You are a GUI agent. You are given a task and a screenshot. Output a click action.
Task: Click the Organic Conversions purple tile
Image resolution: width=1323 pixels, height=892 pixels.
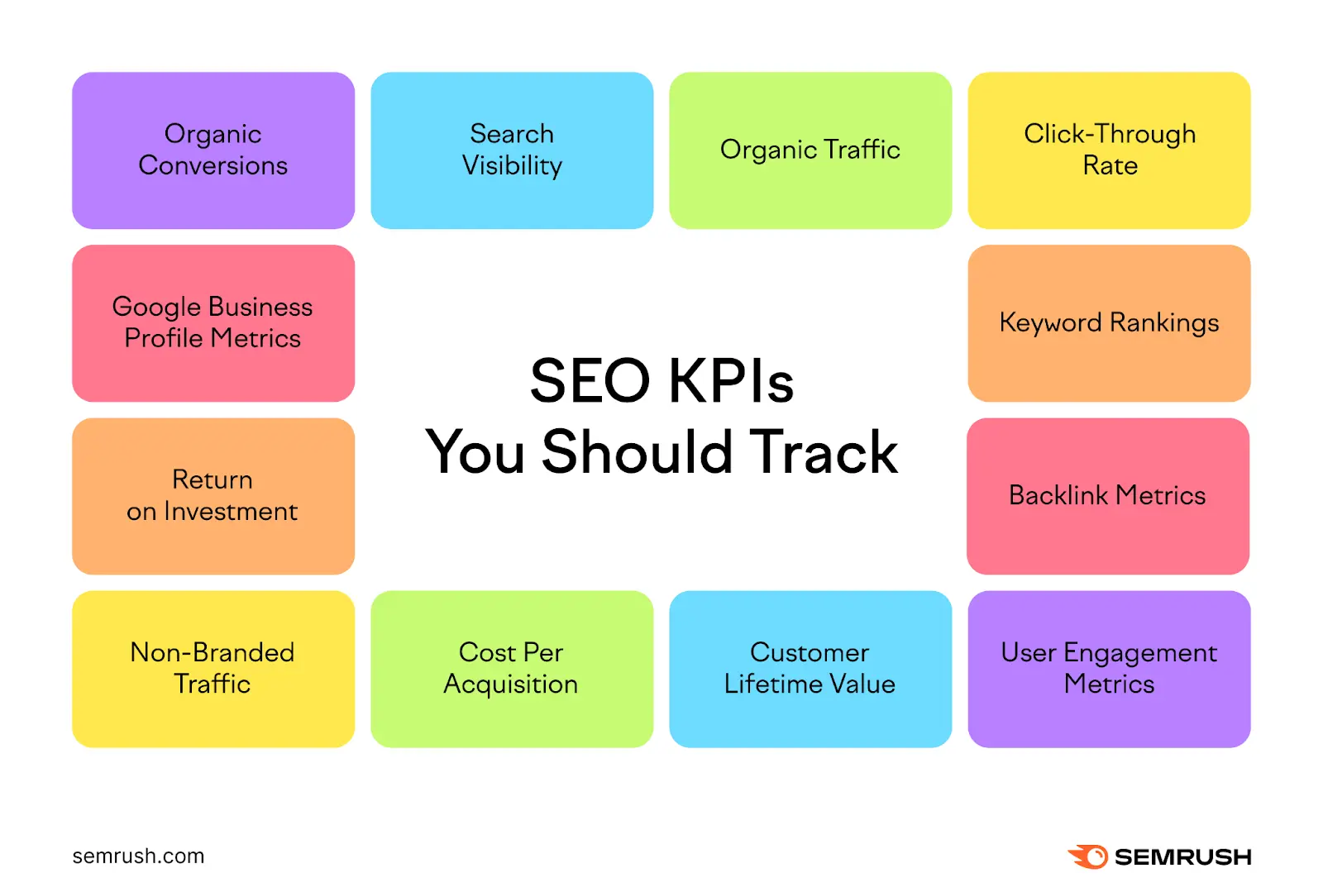pos(213,150)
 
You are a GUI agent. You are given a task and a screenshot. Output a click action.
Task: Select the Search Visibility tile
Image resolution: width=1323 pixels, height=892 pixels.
pos(512,150)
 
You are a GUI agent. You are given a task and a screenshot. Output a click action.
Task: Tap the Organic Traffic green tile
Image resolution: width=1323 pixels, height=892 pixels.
pos(810,150)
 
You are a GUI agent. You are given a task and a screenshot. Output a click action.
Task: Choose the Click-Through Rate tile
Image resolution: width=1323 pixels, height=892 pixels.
pos(1109,150)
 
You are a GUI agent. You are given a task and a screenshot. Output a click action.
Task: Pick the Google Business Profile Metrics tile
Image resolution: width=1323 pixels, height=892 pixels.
pos(213,323)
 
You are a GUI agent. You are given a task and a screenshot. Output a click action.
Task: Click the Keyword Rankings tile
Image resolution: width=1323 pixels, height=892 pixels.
pos(1109,323)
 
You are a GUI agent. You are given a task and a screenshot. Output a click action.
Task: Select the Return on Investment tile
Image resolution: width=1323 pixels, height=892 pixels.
pos(213,496)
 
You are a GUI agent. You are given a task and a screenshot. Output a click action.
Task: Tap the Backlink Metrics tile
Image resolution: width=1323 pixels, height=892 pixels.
pos(1108,496)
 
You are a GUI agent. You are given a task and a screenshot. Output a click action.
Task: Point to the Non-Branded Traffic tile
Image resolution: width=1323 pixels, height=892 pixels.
pos(213,669)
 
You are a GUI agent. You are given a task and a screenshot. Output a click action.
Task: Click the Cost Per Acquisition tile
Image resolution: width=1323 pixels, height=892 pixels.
pos(512,669)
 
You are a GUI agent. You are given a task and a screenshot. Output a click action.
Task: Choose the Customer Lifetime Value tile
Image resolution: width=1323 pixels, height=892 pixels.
pos(810,669)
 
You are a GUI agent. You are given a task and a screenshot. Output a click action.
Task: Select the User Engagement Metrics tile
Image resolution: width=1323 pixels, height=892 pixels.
pos(1109,669)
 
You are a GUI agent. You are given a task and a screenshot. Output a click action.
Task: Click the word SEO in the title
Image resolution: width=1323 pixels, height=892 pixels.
pos(590,381)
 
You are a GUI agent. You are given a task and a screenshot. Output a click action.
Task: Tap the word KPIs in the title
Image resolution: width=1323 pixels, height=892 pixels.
pos(730,381)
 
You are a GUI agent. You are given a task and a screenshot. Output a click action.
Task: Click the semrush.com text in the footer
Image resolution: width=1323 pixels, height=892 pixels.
pos(138,856)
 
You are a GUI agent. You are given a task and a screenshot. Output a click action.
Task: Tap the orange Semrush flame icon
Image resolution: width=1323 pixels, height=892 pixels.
pos(1088,856)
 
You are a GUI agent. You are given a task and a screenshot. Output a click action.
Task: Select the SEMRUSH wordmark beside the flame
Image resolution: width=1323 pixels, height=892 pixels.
pos(1182,857)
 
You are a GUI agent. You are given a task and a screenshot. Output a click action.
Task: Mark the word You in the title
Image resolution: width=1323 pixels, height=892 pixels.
pos(475,452)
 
